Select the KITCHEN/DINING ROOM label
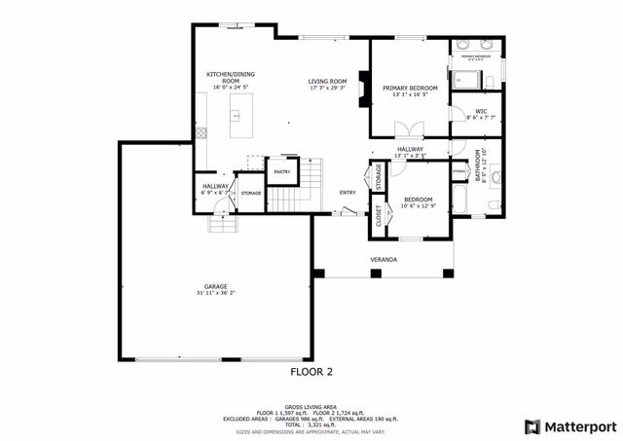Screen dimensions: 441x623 pyautogui.click(x=230, y=78)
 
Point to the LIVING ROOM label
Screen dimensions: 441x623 pyautogui.click(x=328, y=81)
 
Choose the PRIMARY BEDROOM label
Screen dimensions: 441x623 pyautogui.click(x=409, y=88)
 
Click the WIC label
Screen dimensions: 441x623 pyautogui.click(x=481, y=111)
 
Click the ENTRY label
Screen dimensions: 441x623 pyautogui.click(x=348, y=192)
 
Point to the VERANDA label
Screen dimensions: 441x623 pyautogui.click(x=383, y=260)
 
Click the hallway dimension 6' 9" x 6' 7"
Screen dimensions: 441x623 pyautogui.click(x=215, y=193)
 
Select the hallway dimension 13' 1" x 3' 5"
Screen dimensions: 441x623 pyautogui.click(x=410, y=155)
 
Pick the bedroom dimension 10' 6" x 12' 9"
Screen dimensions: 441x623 pyautogui.click(x=419, y=205)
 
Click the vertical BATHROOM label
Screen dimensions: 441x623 pyautogui.click(x=478, y=166)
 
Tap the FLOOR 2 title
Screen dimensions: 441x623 pyautogui.click(x=311, y=372)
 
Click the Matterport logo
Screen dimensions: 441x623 pyautogui.click(x=570, y=426)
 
